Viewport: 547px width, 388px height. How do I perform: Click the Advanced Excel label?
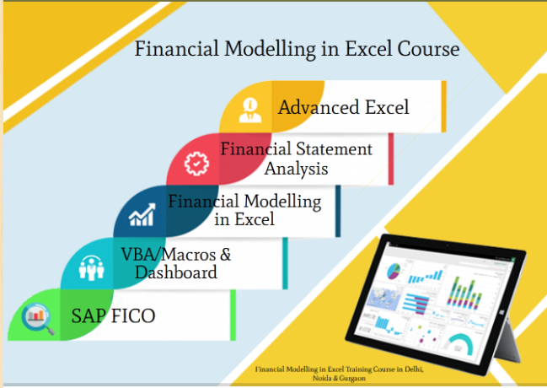[344, 107]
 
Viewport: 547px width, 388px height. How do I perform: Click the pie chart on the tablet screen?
[394, 272]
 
